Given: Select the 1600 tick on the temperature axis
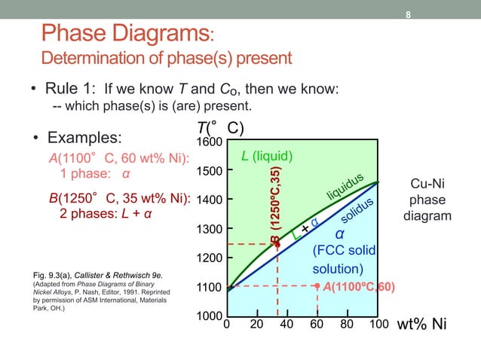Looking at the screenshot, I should (x=209, y=142).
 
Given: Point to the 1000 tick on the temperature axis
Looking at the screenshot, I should (x=209, y=316).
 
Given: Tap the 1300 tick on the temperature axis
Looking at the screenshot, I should (x=209, y=229).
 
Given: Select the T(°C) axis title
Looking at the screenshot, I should (x=219, y=127).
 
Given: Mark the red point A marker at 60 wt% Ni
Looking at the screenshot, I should (x=317, y=286).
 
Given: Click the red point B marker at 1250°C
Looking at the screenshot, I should (x=277, y=244).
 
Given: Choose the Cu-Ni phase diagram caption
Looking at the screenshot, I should (x=427, y=200).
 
